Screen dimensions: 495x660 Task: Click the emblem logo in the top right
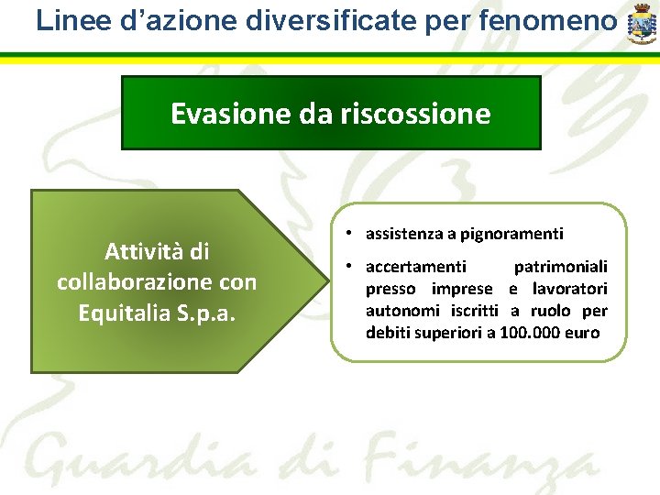click(x=642, y=25)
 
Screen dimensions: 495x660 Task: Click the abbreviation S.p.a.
click(x=210, y=313)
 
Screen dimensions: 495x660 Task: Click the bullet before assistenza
click(x=352, y=234)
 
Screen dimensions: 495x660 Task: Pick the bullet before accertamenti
click(x=352, y=267)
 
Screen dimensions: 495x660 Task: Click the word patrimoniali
click(x=560, y=267)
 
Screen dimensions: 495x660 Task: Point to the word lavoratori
click(x=569, y=289)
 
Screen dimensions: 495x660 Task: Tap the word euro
click(x=583, y=332)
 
